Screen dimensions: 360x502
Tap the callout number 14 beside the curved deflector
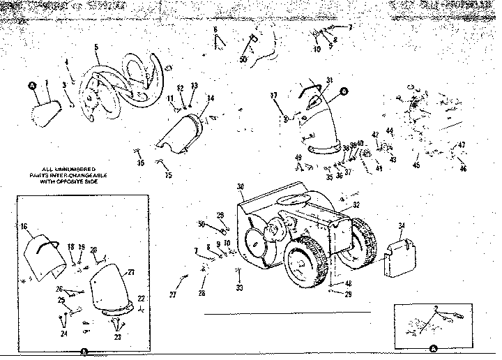(211, 98)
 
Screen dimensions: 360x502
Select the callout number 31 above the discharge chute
(329, 79)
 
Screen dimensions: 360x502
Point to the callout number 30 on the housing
(240, 186)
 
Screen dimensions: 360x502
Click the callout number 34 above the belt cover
(401, 225)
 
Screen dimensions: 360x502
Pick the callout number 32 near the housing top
(356, 204)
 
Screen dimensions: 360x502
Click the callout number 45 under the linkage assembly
(416, 165)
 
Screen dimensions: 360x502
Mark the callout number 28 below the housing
(201, 294)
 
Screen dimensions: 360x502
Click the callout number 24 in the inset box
(63, 333)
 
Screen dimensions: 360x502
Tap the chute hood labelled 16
(45, 251)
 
